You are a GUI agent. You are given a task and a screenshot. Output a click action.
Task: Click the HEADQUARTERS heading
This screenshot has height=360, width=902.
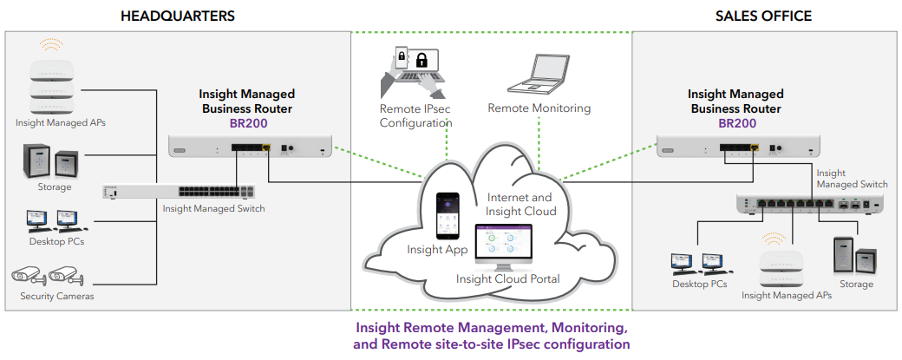[x=177, y=16]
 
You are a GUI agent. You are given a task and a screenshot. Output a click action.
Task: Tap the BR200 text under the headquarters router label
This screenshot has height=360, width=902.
[x=247, y=123]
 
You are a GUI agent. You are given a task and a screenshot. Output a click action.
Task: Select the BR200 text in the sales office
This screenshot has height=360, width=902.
[x=735, y=123]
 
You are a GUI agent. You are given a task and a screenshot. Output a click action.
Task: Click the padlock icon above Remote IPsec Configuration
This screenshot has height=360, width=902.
[x=422, y=60]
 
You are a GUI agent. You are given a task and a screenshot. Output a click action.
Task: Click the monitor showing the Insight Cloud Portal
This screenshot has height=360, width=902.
[x=506, y=246]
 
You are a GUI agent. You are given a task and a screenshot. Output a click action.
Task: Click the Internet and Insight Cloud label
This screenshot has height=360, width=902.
[x=520, y=205]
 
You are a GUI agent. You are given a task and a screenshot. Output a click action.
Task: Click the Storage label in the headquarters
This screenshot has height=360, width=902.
[x=54, y=187]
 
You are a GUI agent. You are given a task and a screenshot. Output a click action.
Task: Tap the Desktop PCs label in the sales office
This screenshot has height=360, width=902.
[x=699, y=284]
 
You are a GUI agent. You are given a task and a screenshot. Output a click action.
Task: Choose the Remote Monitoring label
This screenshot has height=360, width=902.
[x=539, y=108]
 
